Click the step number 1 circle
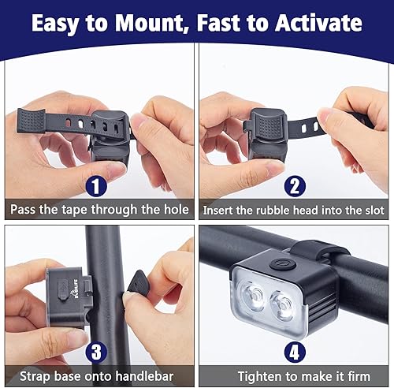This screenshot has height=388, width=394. point(96,187)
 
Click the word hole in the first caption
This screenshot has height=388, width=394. point(173,211)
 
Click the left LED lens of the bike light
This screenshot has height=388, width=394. point(254,297)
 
